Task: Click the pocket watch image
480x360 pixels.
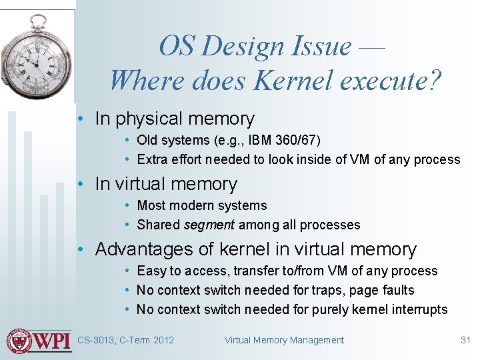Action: (x=37, y=57)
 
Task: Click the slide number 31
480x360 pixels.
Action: (x=465, y=340)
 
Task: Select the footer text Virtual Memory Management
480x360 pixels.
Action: (x=284, y=340)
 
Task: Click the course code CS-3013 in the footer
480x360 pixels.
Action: (x=96, y=340)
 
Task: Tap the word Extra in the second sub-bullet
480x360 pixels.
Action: (x=151, y=159)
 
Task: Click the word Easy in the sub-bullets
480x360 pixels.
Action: (x=151, y=271)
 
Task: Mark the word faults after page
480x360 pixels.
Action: (x=399, y=290)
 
